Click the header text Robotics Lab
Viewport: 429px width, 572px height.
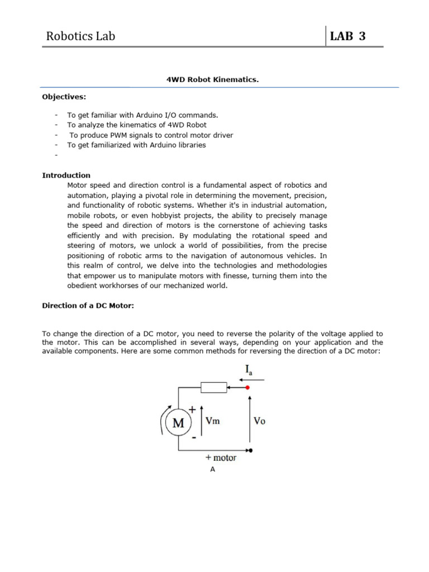tap(80, 37)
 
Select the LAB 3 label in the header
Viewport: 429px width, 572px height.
tap(349, 37)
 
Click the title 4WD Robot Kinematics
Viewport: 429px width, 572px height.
tap(213, 80)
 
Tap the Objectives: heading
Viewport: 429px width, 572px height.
tap(64, 97)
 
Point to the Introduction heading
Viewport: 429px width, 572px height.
tap(66, 175)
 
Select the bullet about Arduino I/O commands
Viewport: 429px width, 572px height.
tap(142, 115)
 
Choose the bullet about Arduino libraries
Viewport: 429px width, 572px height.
tap(136, 145)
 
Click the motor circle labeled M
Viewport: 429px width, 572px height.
tap(178, 423)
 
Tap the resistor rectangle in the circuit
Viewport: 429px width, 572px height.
tap(213, 388)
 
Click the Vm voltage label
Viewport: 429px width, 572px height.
tap(213, 421)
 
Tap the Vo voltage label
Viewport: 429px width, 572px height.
tap(259, 421)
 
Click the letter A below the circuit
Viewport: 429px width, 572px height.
tap(212, 470)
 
